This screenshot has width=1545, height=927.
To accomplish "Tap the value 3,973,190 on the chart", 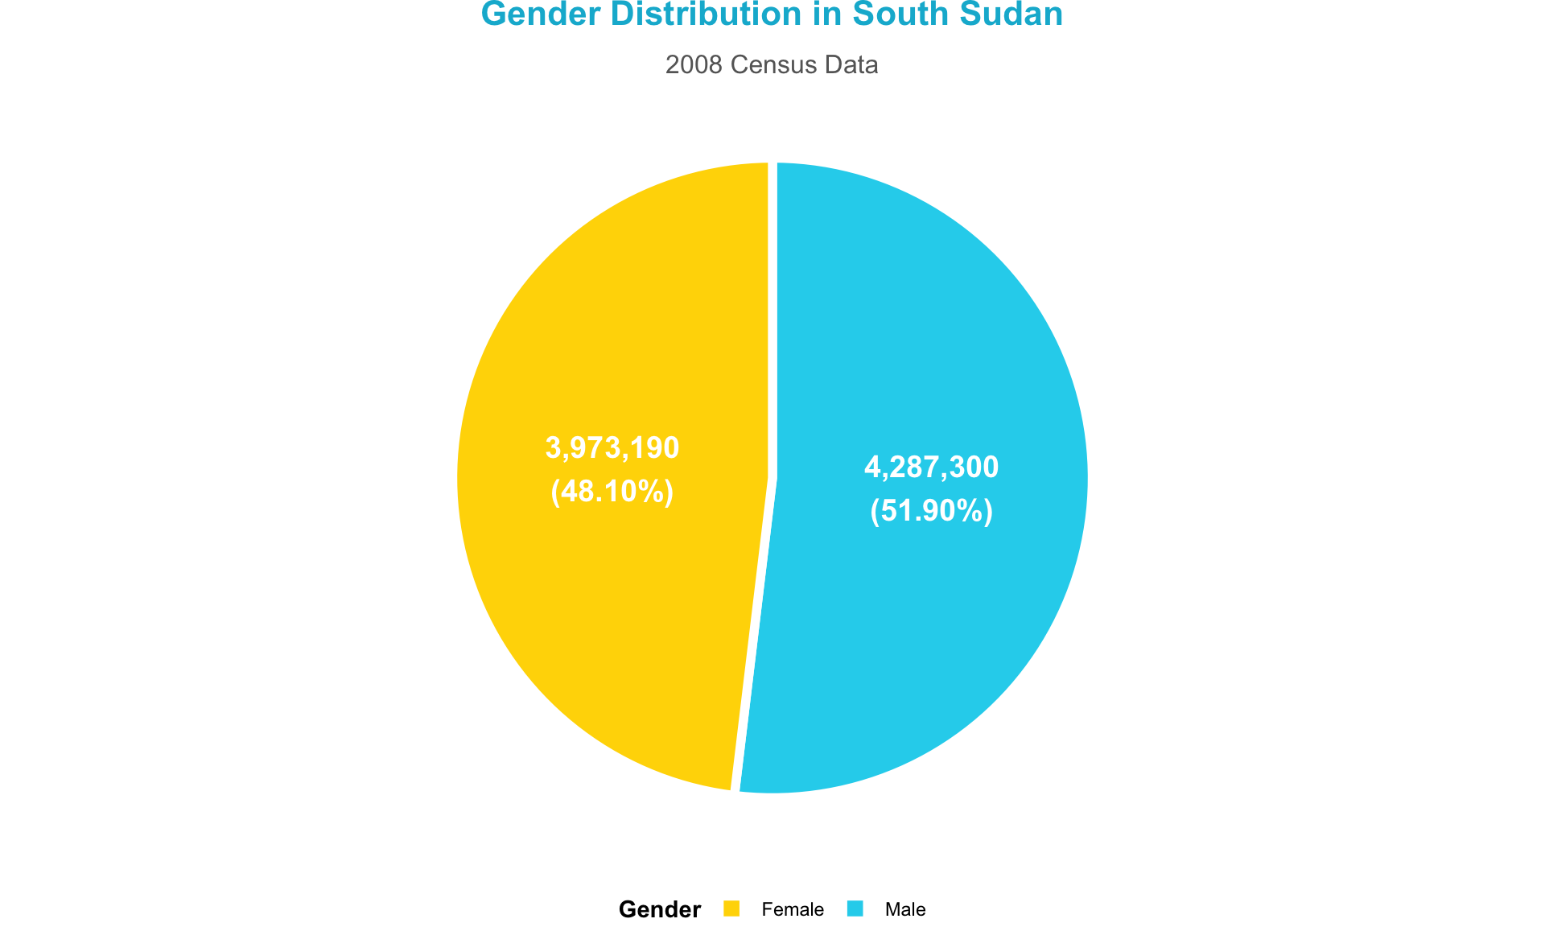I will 612,447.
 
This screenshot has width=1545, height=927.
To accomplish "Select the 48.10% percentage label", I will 612,491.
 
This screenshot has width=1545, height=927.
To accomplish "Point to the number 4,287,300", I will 931,468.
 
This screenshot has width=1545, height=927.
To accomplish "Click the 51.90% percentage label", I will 931,511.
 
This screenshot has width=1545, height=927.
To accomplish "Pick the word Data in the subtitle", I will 851,65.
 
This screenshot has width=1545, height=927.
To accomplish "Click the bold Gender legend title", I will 660,909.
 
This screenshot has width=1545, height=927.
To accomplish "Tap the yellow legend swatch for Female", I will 731,908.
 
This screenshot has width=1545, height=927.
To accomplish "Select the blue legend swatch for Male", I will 855,908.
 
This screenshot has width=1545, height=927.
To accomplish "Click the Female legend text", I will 793,909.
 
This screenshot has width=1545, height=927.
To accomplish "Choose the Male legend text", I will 905,909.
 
